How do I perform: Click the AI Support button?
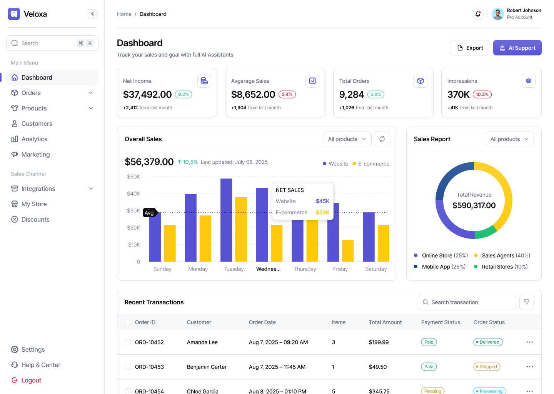pos(517,48)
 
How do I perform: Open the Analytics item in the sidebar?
pos(34,139)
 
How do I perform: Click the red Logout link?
pos(31,380)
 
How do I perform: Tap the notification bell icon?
pos(477,14)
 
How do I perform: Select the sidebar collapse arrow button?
pos(92,14)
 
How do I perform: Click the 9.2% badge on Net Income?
pos(184,94)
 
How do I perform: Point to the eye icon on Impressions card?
pos(528,81)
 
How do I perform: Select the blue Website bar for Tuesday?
pos(226,219)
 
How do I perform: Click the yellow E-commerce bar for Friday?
pos(348,251)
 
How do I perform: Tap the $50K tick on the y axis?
pos(133,177)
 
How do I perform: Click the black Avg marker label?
pos(149,213)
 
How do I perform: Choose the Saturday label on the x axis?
pos(376,269)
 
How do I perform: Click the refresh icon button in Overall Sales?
pos(382,139)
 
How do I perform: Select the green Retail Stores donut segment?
pos(486,232)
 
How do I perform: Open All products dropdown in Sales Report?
pos(509,139)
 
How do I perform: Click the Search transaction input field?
pos(467,302)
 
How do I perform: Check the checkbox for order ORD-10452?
pos(128,342)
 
